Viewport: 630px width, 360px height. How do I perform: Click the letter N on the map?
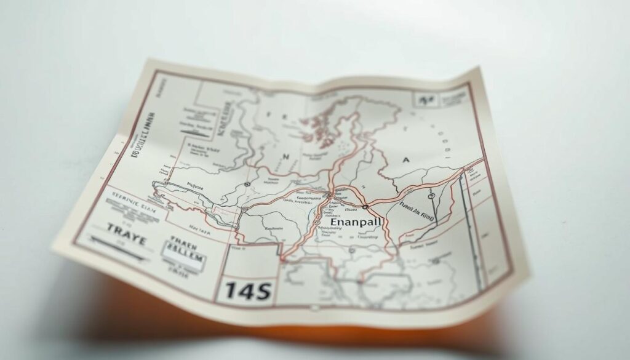(286, 157)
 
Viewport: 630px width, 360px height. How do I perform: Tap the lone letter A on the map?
(405, 159)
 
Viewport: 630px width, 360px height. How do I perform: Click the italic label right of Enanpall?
(417, 212)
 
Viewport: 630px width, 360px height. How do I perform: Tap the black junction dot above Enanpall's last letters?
(365, 207)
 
